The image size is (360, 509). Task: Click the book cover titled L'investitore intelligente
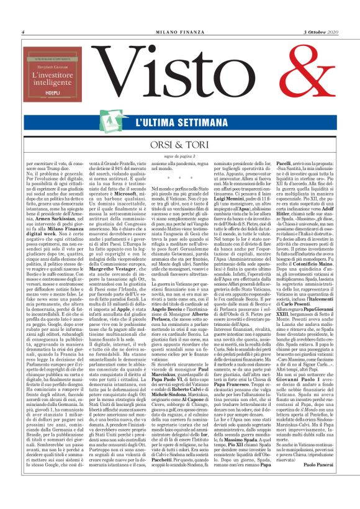(x=49, y=75)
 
